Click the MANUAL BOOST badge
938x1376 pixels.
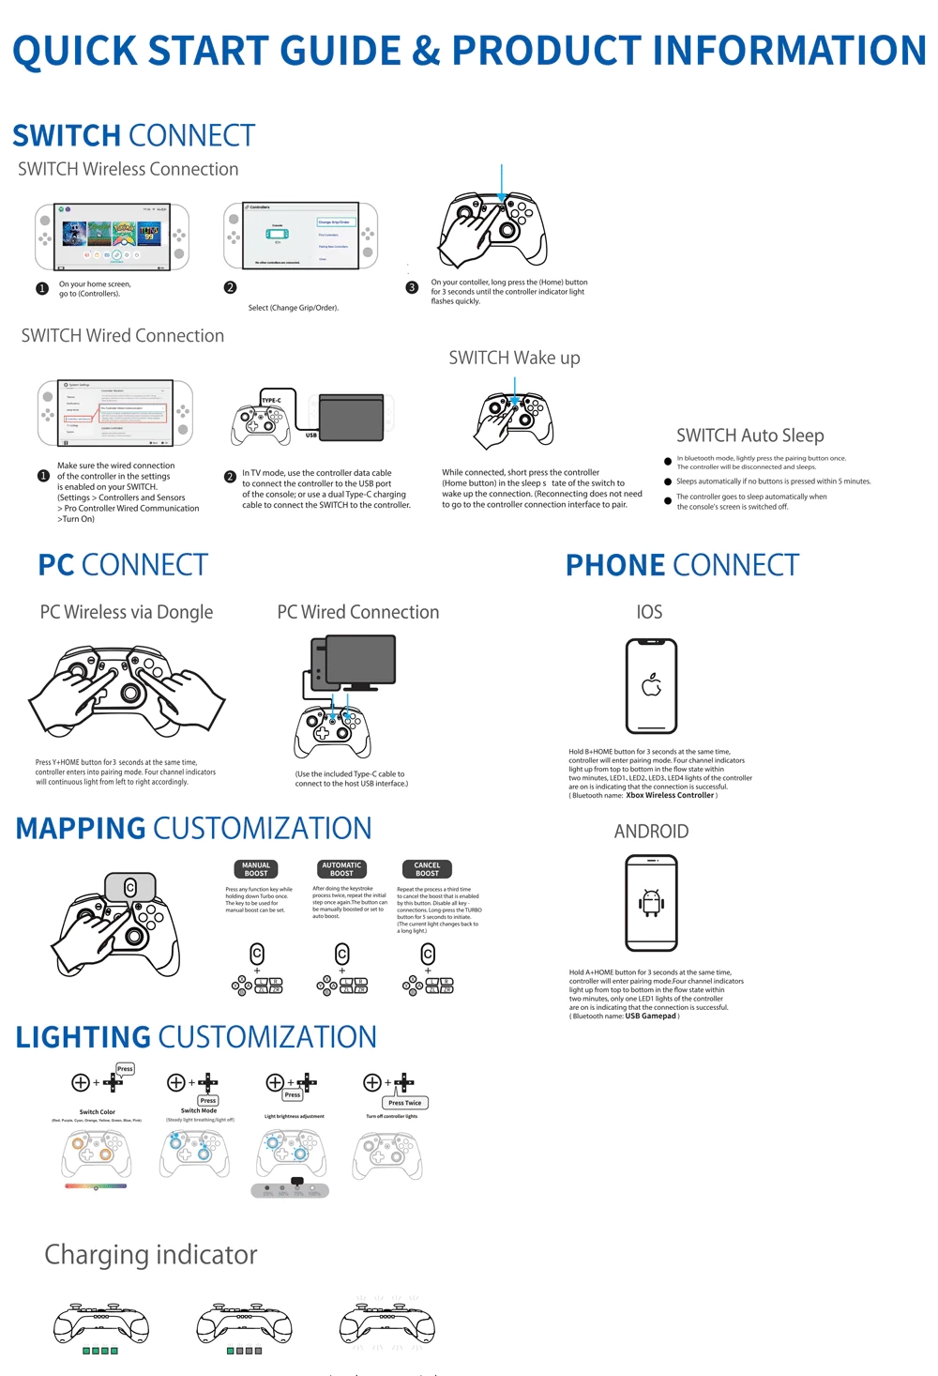click(x=256, y=869)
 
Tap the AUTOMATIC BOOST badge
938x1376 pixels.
click(x=341, y=869)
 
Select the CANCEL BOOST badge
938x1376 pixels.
click(x=427, y=869)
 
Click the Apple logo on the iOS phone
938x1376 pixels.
click(x=651, y=685)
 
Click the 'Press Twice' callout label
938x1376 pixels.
click(x=405, y=1103)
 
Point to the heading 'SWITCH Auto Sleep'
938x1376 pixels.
click(x=750, y=436)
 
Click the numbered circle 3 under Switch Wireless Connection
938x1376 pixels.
click(x=412, y=288)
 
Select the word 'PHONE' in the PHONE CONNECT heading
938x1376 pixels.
click(x=615, y=565)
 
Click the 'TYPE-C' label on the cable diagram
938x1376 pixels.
click(x=271, y=400)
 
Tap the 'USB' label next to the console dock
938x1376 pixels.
click(x=310, y=436)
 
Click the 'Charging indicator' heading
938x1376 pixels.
click(x=151, y=1255)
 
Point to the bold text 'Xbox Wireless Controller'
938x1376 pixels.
click(x=670, y=796)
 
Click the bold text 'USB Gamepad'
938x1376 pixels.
click(x=650, y=1016)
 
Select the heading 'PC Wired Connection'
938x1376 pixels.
click(x=358, y=612)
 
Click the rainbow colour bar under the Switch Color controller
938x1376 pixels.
click(x=96, y=1186)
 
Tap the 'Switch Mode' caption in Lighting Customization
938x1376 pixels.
click(x=199, y=1110)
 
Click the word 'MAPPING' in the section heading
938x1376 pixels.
click(x=81, y=829)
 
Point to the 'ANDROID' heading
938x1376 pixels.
click(x=651, y=832)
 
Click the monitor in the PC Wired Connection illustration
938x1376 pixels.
click(x=359, y=661)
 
